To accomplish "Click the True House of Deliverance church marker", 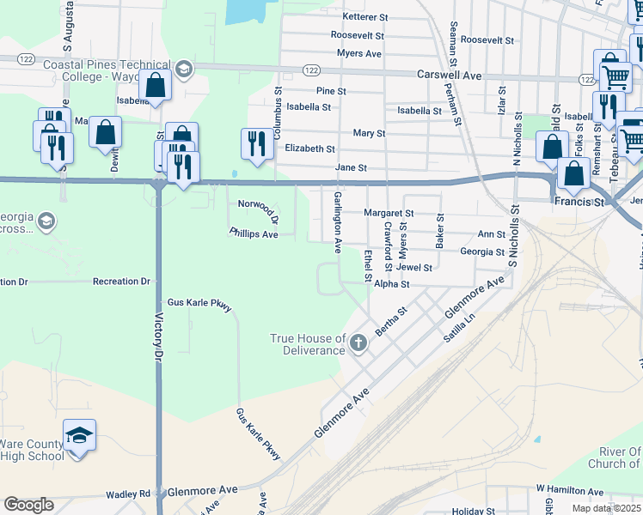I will click(x=358, y=344).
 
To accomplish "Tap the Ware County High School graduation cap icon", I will click(x=79, y=437).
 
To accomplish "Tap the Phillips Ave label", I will click(x=254, y=233).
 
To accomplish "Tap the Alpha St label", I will click(x=391, y=283).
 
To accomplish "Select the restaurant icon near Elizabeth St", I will click(x=255, y=143).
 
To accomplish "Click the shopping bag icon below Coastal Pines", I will click(x=156, y=86).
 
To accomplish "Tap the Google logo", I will click(x=28, y=505).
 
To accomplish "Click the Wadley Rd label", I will click(x=128, y=494).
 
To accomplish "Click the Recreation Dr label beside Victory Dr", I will click(x=121, y=282).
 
